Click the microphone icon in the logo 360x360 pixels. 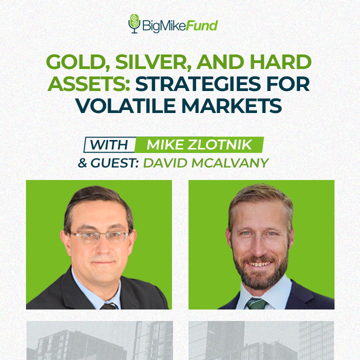click(x=134, y=23)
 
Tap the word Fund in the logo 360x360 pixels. click(x=201, y=25)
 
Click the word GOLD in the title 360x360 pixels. click(x=76, y=62)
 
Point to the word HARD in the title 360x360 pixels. click(x=280, y=61)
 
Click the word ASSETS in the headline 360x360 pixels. click(x=89, y=83)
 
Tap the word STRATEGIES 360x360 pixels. click(x=198, y=83)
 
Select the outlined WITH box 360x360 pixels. click(x=109, y=144)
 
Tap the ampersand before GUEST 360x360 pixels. click(x=82, y=163)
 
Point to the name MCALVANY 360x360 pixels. click(x=230, y=163)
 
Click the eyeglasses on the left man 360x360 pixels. click(x=99, y=236)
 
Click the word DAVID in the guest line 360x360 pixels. click(x=165, y=163)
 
